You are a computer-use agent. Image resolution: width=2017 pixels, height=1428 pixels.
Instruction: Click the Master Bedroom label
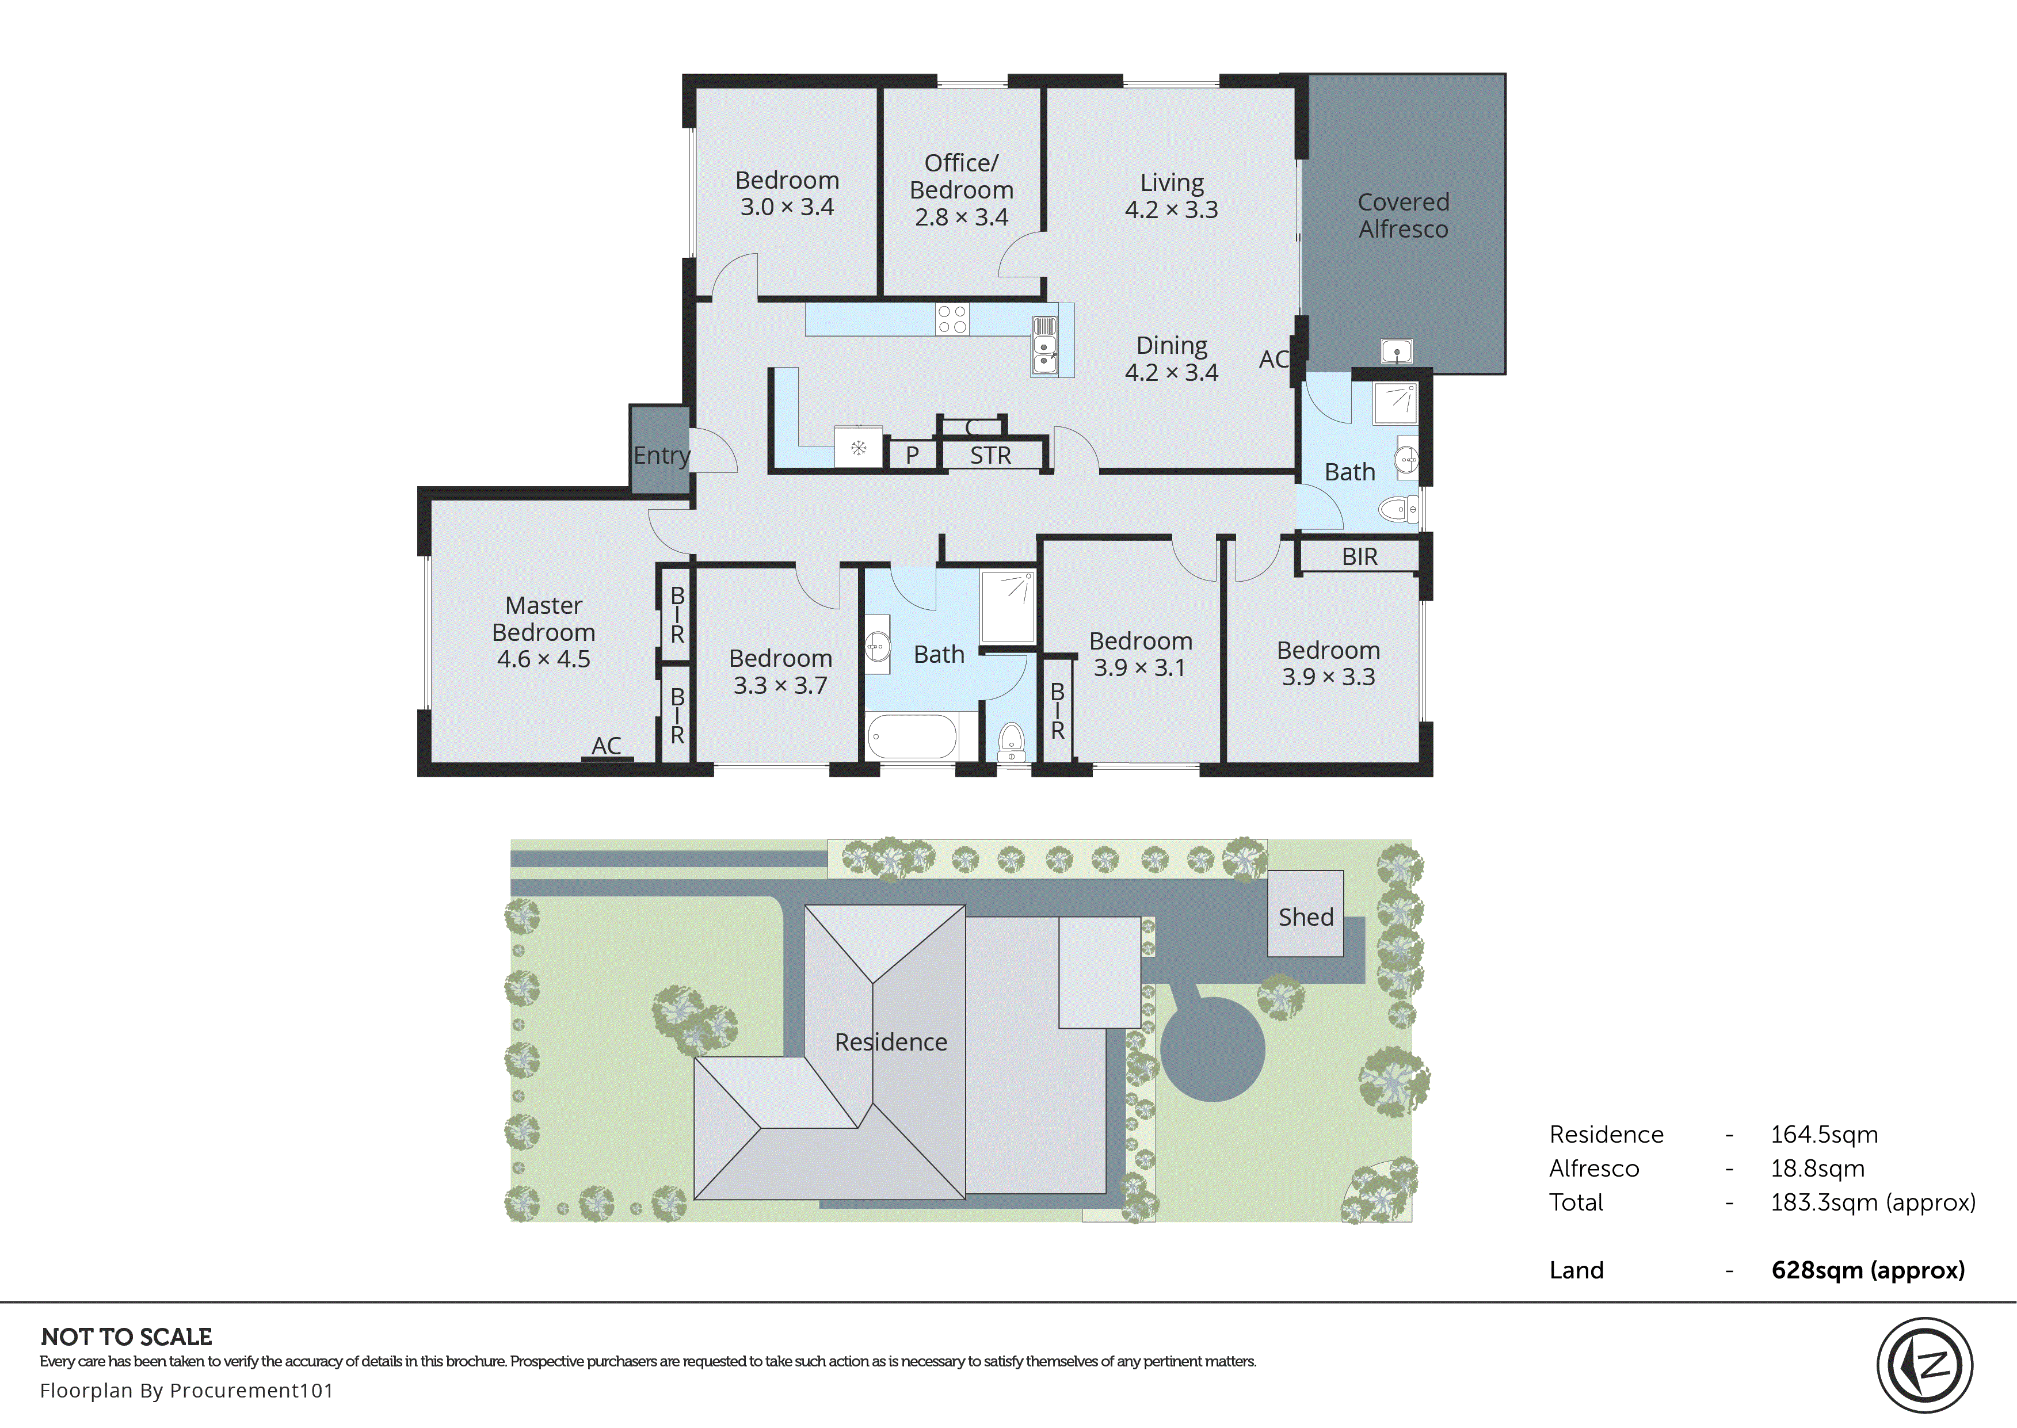pos(543,631)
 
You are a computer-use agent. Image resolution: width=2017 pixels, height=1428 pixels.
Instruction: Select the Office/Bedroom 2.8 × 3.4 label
pos(961,190)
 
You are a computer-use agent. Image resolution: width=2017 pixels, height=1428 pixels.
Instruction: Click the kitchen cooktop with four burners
pos(952,319)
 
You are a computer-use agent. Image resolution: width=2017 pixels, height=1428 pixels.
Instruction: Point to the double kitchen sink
pos(1044,346)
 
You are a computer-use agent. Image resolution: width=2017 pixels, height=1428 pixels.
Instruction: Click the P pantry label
pos(912,456)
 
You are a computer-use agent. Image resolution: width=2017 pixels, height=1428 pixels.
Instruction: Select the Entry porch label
pos(661,456)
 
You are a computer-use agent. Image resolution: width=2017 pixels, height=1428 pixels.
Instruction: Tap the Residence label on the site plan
pos(891,1042)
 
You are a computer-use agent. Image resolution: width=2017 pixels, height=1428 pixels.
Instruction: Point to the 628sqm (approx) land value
pos(1867,1270)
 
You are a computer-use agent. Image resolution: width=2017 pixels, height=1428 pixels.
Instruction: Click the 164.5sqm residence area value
pos(1824,1135)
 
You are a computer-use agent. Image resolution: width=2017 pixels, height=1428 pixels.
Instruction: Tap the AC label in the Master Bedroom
pos(606,746)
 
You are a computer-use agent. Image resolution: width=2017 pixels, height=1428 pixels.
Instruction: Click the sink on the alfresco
pos(1396,352)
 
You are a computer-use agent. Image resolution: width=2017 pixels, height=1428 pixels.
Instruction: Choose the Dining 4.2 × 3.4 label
pos(1171,359)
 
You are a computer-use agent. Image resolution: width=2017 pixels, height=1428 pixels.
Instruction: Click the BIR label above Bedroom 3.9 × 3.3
pos(1359,556)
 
